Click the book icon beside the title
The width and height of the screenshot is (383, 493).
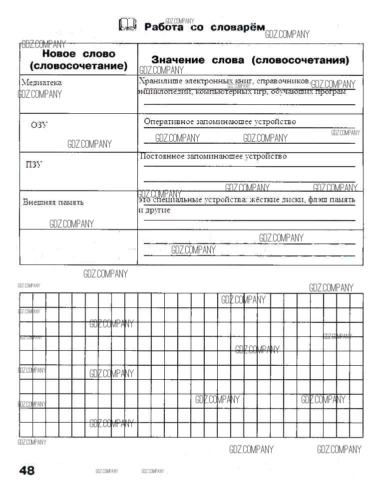click(127, 25)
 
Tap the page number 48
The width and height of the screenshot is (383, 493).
click(26, 470)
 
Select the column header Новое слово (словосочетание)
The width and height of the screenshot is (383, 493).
click(78, 59)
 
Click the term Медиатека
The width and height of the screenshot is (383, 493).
click(42, 83)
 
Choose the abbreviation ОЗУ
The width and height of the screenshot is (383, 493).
click(39, 125)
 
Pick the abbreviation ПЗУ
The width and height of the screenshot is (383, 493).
click(34, 165)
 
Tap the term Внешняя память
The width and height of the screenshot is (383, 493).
click(53, 202)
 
